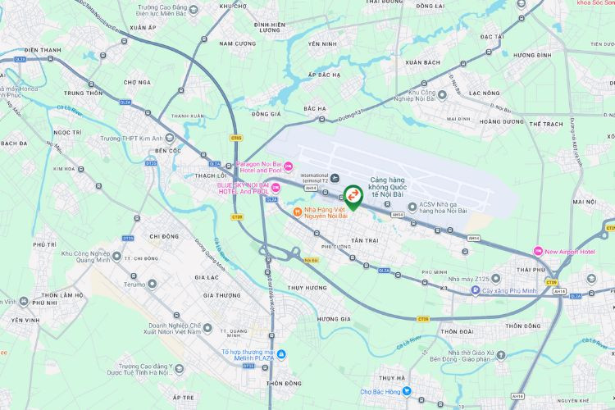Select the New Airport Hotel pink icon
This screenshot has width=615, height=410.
537,250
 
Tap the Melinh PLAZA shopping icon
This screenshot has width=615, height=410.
281,354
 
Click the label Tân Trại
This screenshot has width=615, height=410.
362,240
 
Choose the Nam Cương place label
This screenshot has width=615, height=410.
238,43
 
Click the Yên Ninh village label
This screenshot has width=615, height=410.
322,43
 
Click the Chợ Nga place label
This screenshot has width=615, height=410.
137,82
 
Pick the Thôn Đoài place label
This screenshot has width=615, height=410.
456,331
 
